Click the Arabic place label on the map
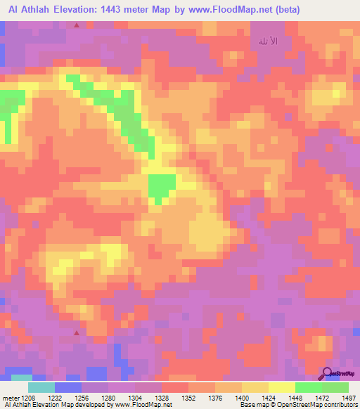coord(269,42)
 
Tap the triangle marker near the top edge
coord(77,25)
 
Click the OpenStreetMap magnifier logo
coord(327,374)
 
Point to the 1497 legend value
coord(349,397)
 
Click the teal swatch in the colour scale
coord(41,387)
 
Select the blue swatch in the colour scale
coord(68,387)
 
